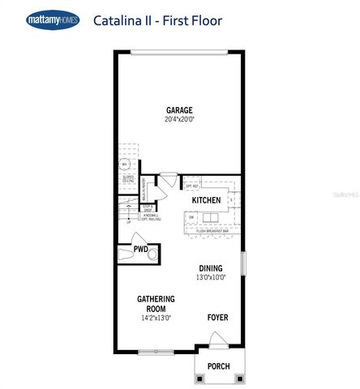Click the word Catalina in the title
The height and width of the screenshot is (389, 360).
pyautogui.click(x=117, y=19)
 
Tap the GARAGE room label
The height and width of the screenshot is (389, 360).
pyautogui.click(x=179, y=110)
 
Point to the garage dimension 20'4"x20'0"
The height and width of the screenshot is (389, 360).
pyautogui.click(x=179, y=120)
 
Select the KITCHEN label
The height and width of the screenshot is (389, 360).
pyautogui.click(x=206, y=199)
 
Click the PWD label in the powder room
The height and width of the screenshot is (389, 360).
pyautogui.click(x=140, y=250)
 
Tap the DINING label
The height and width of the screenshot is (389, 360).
pyautogui.click(x=211, y=268)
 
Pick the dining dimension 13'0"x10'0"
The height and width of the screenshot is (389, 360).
pyautogui.click(x=211, y=278)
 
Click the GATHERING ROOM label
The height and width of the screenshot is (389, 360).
pyautogui.click(x=156, y=303)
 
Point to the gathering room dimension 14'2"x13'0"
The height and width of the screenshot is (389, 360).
pyautogui.click(x=156, y=317)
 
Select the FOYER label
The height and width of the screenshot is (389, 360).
pyautogui.click(x=217, y=317)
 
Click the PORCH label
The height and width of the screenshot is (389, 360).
pyautogui.click(x=218, y=366)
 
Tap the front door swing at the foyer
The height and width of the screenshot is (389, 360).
pyautogui.click(x=216, y=339)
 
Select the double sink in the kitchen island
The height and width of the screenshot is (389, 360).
pyautogui.click(x=211, y=217)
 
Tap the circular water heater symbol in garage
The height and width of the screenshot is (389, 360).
pyautogui.click(x=126, y=164)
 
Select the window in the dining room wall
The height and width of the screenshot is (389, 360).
pyautogui.click(x=242, y=265)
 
